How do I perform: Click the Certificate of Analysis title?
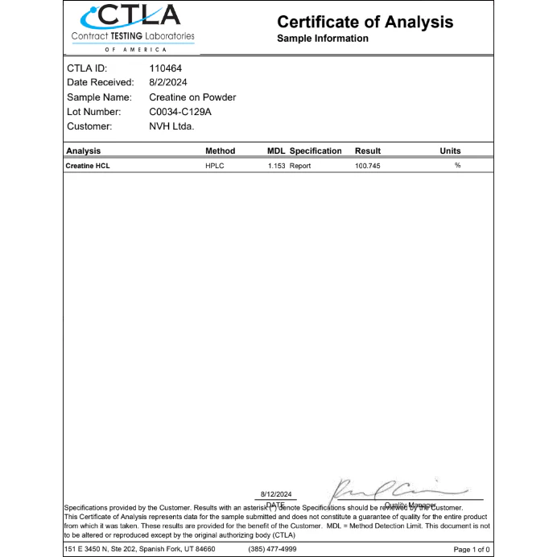click(365, 22)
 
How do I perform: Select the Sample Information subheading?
click(322, 39)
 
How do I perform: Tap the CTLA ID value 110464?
click(166, 68)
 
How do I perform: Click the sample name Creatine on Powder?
click(192, 97)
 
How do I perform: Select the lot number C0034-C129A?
click(180, 112)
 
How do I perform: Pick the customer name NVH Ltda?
click(171, 126)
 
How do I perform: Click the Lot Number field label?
click(93, 112)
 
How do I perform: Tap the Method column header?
click(220, 151)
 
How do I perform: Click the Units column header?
click(450, 151)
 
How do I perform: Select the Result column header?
click(368, 151)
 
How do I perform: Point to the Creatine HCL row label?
click(88, 166)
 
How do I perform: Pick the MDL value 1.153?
click(277, 166)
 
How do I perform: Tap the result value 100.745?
click(367, 166)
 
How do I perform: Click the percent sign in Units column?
click(457, 166)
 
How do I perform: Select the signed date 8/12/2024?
click(276, 494)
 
